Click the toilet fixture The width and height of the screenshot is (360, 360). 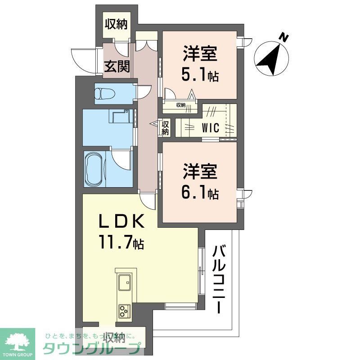104,94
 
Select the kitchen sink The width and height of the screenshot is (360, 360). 125,283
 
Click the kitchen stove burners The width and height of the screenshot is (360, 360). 125,311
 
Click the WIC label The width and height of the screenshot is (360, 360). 210,127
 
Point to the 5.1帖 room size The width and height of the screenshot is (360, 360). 200,76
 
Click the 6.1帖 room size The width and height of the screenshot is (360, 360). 200,193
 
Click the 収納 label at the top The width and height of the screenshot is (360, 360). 116,24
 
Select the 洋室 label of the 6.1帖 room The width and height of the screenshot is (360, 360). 200,172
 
